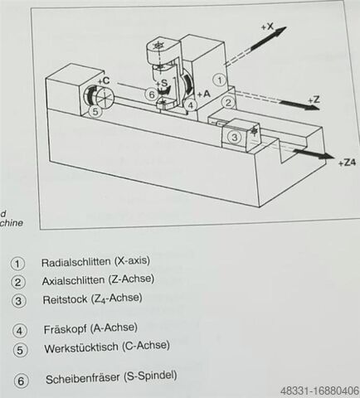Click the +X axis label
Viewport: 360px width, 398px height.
[x=267, y=27]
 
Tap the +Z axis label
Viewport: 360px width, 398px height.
[x=314, y=99]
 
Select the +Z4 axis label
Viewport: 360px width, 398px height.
[x=347, y=163]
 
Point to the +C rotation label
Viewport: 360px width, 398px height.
[x=104, y=80]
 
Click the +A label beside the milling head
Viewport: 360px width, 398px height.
[x=204, y=95]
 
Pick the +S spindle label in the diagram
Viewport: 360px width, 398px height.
[x=162, y=83]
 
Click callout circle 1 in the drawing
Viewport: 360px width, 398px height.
[x=220, y=80]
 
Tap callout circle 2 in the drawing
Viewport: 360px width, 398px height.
[x=228, y=103]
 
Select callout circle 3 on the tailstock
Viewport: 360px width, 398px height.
[x=235, y=137]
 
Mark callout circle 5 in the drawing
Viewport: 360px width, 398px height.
[x=95, y=112]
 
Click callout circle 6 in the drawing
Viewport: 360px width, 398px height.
[x=152, y=95]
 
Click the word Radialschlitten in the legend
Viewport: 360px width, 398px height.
[x=76, y=262]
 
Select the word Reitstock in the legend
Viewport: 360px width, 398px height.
[x=65, y=299]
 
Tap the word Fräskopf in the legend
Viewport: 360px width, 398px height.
[x=65, y=329]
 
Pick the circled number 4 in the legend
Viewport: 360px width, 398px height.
[x=19, y=331]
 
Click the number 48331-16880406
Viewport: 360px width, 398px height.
[x=319, y=391]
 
